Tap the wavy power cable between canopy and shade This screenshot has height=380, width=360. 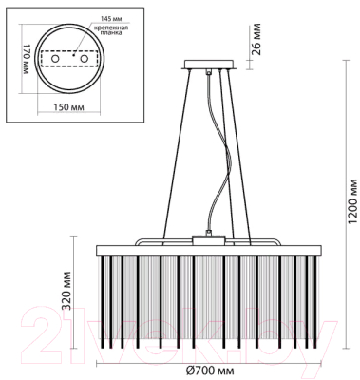tap(217, 180)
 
